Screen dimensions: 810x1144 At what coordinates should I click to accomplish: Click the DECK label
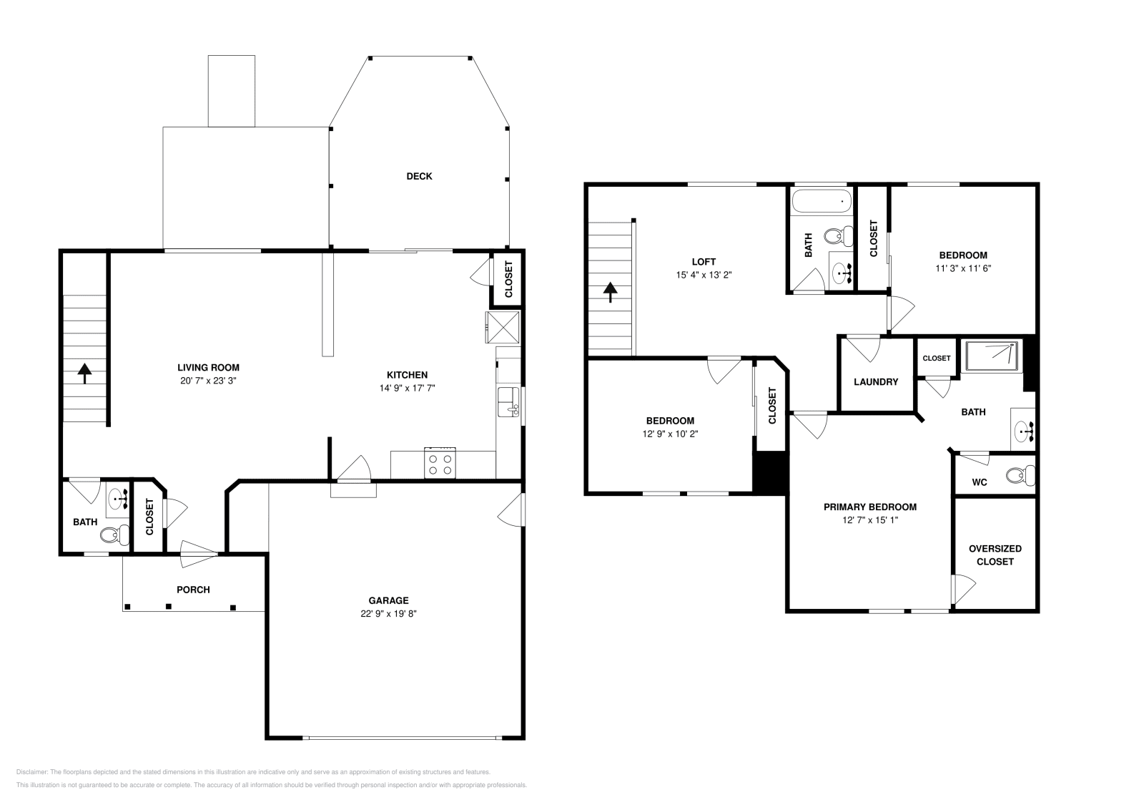[x=419, y=176]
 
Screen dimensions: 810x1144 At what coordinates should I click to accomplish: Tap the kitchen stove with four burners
[x=440, y=462]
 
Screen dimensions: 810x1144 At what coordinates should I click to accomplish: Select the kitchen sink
[x=508, y=401]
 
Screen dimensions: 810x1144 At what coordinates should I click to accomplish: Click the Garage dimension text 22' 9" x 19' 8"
[x=388, y=613]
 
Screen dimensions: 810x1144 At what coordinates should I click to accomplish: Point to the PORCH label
[x=193, y=590]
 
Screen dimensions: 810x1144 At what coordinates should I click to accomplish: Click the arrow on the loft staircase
[x=610, y=292]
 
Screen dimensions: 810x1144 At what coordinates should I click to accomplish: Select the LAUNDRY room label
[x=876, y=382]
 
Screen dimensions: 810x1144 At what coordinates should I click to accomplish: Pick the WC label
[x=980, y=482]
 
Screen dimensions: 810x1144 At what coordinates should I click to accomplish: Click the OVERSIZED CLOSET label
[x=995, y=555]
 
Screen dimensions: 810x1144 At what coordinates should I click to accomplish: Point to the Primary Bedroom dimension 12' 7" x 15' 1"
[x=869, y=520]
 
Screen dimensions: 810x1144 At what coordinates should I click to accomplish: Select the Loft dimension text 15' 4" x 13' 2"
[x=704, y=275]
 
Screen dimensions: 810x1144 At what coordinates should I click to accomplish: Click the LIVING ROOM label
[x=208, y=368]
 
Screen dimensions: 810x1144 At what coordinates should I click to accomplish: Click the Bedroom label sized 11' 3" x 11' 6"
[x=963, y=255]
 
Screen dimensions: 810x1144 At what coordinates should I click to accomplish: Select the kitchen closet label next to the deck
[x=509, y=278]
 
